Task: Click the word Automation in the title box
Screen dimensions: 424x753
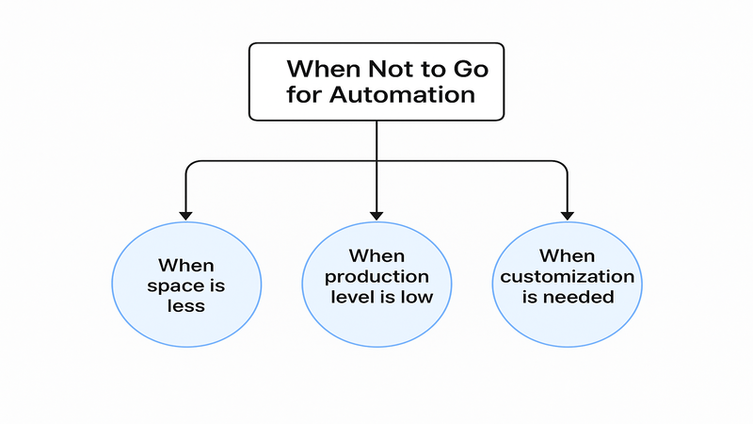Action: pyautogui.click(x=408, y=95)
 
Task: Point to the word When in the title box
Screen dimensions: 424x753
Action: pyautogui.click(x=318, y=69)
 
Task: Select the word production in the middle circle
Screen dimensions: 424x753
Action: pyautogui.click(x=376, y=277)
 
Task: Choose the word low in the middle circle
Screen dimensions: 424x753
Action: pyautogui.click(x=415, y=298)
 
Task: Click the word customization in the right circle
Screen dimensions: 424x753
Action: pyautogui.click(x=567, y=277)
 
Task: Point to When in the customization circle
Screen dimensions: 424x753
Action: pyautogui.click(x=567, y=256)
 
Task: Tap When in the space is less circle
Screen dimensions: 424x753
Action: pyautogui.click(x=186, y=266)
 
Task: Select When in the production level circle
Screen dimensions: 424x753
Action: pyautogui.click(x=376, y=256)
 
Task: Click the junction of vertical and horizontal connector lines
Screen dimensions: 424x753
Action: pyautogui.click(x=376, y=161)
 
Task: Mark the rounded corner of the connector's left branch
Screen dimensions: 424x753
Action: pyautogui.click(x=190, y=165)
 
